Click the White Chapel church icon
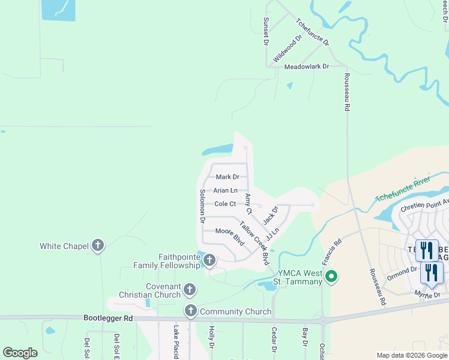(x=98, y=245)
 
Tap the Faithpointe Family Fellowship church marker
(x=209, y=260)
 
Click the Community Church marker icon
(x=191, y=311)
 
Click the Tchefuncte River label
(x=403, y=189)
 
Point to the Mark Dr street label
(x=228, y=177)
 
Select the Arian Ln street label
(x=226, y=190)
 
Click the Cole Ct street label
(x=225, y=204)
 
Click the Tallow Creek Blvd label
(x=254, y=244)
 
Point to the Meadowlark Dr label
(x=307, y=67)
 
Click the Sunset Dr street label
(x=264, y=31)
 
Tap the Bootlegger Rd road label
(x=108, y=318)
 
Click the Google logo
(x=20, y=353)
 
